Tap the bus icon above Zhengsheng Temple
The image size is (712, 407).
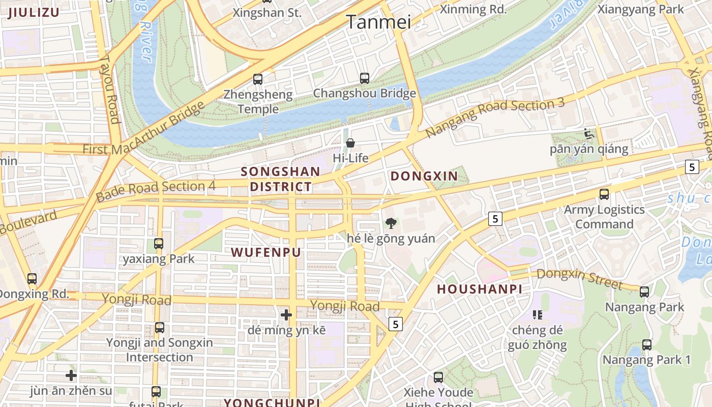[x=258, y=79]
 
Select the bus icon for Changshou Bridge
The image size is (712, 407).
[x=364, y=78]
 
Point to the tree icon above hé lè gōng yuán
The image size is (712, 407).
[x=391, y=222]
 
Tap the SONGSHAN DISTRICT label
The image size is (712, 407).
[x=281, y=179]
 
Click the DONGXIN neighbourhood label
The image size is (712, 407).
[x=424, y=177]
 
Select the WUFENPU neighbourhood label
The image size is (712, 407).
[x=266, y=252]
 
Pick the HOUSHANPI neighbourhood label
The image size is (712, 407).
[x=480, y=289]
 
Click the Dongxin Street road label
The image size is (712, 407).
[x=579, y=278]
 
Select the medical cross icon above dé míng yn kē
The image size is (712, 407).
[x=286, y=315]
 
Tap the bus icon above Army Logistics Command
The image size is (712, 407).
[x=604, y=194]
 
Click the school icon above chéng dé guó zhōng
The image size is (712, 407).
[x=538, y=315]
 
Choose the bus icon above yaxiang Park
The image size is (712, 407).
[x=159, y=244]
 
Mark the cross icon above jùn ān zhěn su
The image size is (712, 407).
[x=71, y=376]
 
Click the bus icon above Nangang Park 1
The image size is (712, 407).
[x=646, y=344]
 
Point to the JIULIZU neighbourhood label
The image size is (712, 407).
[x=34, y=13]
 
